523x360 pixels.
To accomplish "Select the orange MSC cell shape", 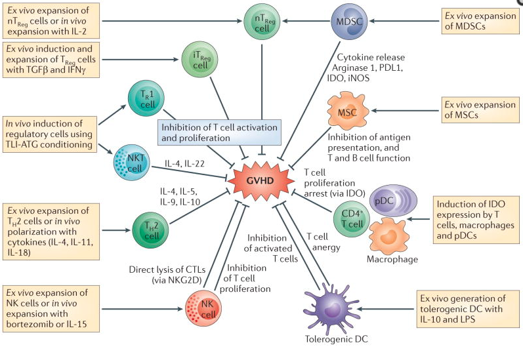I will [x=346, y=111].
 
